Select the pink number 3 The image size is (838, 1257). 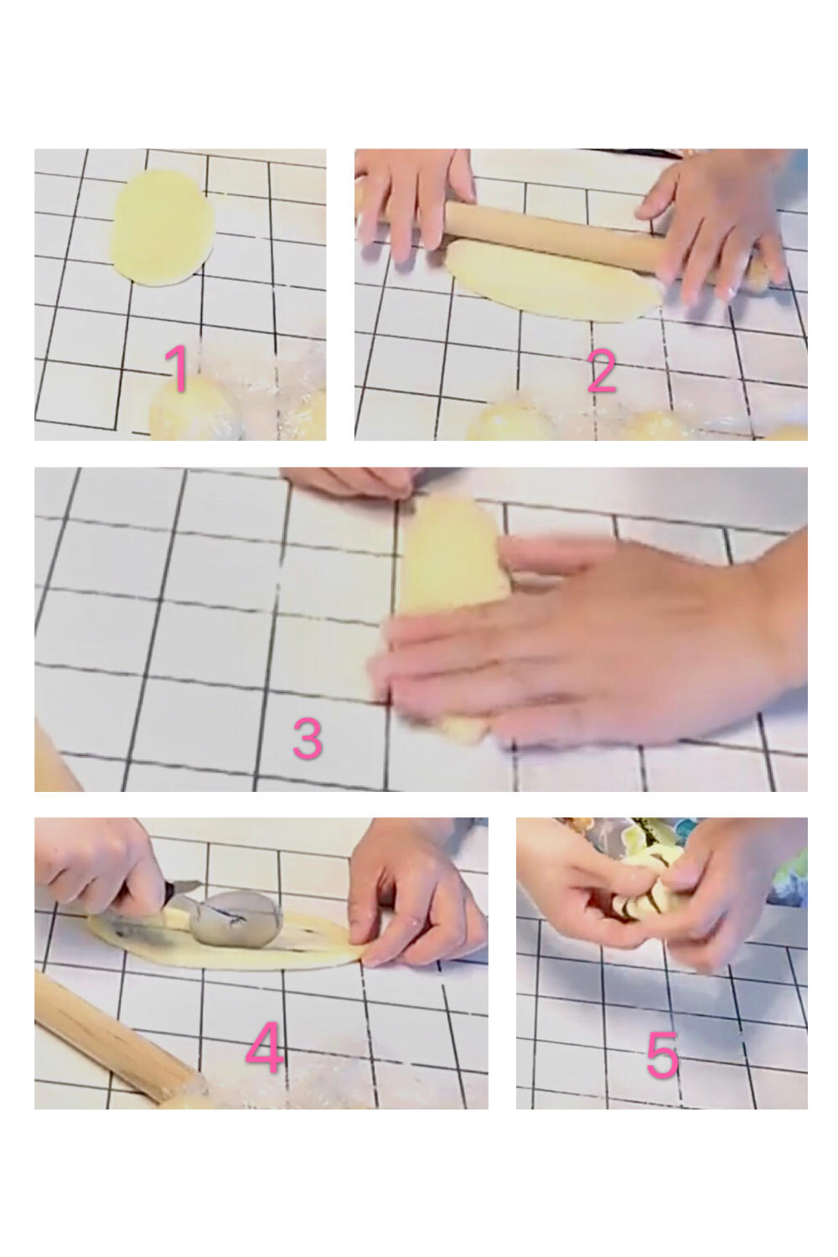click(x=308, y=738)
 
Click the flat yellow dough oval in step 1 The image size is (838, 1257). click(x=163, y=228)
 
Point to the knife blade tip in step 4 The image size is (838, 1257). click(x=200, y=884)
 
